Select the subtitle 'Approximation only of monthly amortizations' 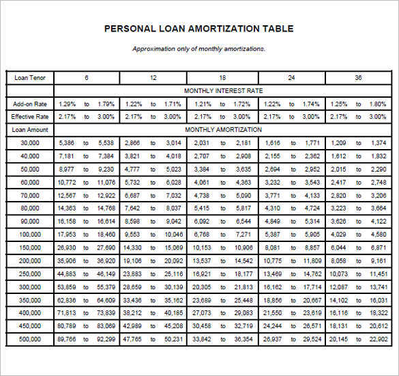coord(198,49)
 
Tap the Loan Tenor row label coord(29,78)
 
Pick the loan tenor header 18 coord(222,78)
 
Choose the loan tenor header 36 coord(358,78)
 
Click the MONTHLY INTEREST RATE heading coord(223,90)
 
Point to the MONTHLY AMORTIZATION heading coord(223,129)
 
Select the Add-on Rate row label coord(29,104)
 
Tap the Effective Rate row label coord(29,117)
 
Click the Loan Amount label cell coord(29,129)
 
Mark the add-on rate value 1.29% coord(68,104)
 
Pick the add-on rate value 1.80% coord(378,104)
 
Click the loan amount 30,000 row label coord(30,143)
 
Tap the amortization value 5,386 coord(67,143)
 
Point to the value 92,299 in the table coord(106,338)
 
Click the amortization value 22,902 coord(378,338)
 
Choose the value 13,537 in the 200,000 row coord(201,260)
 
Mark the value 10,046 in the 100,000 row coord(173,234)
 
